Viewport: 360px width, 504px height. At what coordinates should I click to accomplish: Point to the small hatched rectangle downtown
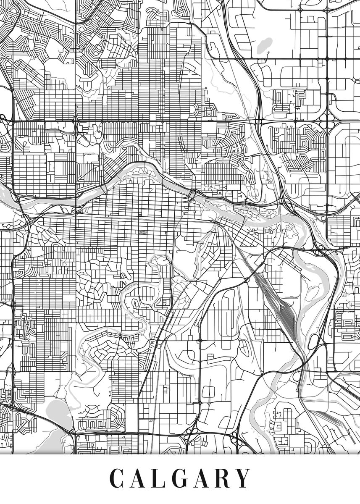pyautogui.click(x=142, y=232)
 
